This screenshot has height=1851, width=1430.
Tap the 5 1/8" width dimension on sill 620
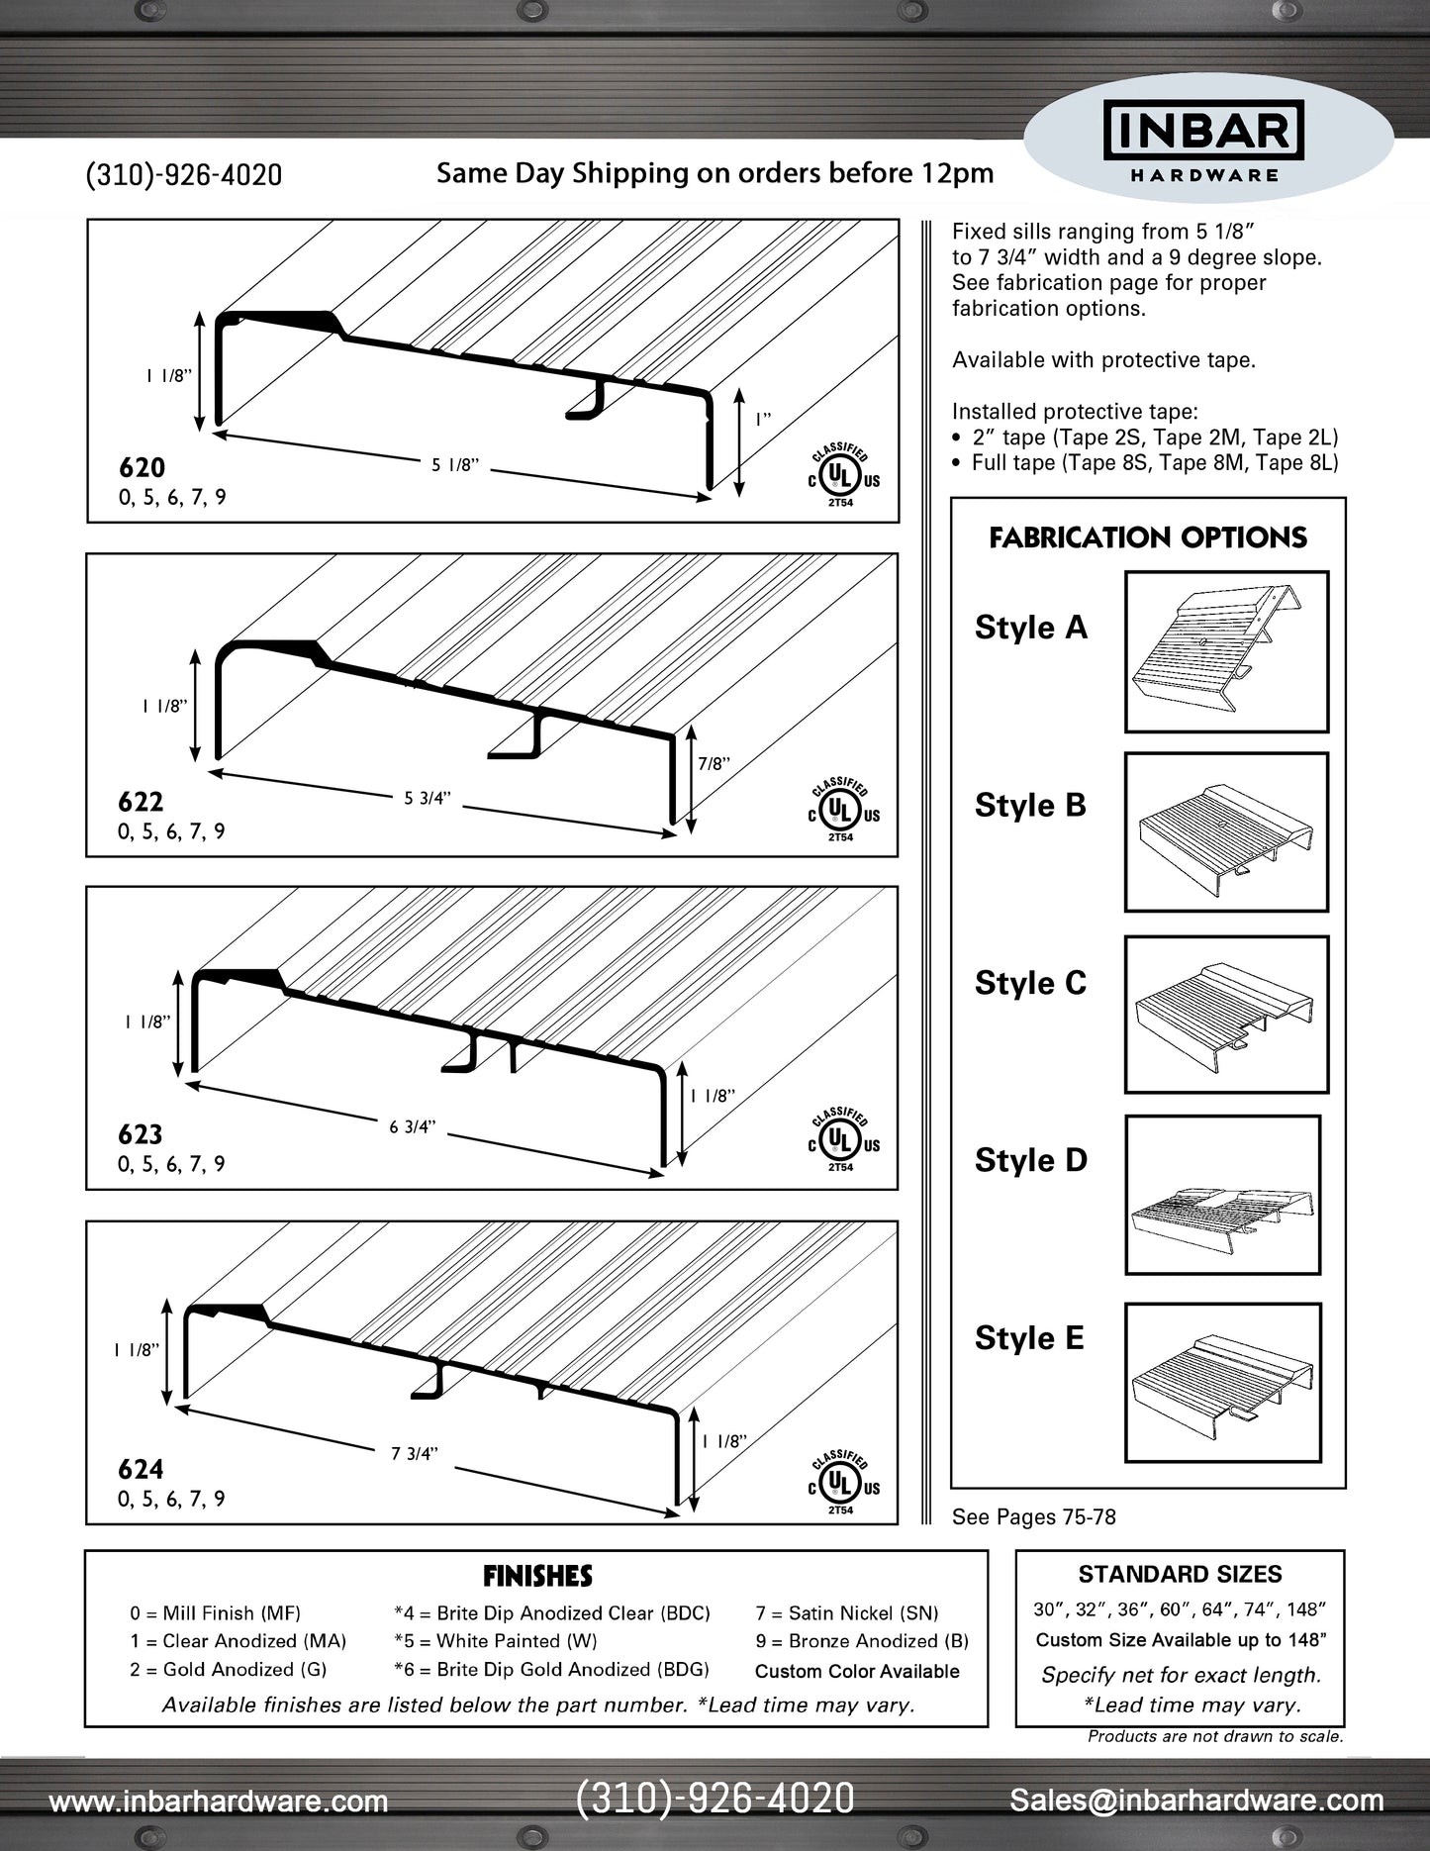coord(455,464)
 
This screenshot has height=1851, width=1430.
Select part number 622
coord(141,801)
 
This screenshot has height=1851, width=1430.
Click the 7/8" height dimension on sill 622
coord(714,763)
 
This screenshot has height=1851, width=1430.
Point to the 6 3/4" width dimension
coord(412,1126)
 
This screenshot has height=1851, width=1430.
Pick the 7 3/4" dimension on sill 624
coord(414,1453)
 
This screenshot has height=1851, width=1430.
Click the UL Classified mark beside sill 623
coord(841,1139)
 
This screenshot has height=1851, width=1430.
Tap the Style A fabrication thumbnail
coord(1226,651)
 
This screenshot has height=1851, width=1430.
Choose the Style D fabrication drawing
coord(1223,1195)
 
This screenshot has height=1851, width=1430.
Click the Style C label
coord(1030,983)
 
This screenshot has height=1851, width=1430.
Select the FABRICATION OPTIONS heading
coord(1148,537)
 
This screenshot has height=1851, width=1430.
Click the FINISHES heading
coord(537,1576)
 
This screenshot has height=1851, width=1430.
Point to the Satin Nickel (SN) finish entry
coord(847,1613)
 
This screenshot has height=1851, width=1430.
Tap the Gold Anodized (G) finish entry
coord(228,1669)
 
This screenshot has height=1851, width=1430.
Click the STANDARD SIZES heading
coord(1180,1574)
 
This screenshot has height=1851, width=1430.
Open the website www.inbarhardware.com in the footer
coord(219,1801)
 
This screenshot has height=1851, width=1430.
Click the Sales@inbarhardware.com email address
coord(1196,1800)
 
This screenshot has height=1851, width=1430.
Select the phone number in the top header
coord(184,175)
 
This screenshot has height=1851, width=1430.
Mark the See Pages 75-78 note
coord(1033,1516)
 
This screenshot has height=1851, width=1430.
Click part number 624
coord(141,1469)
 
